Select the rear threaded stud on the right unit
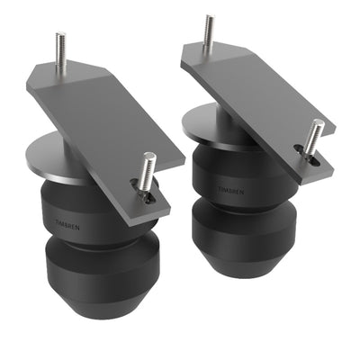point(209,31)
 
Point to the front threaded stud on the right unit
point(313,134)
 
